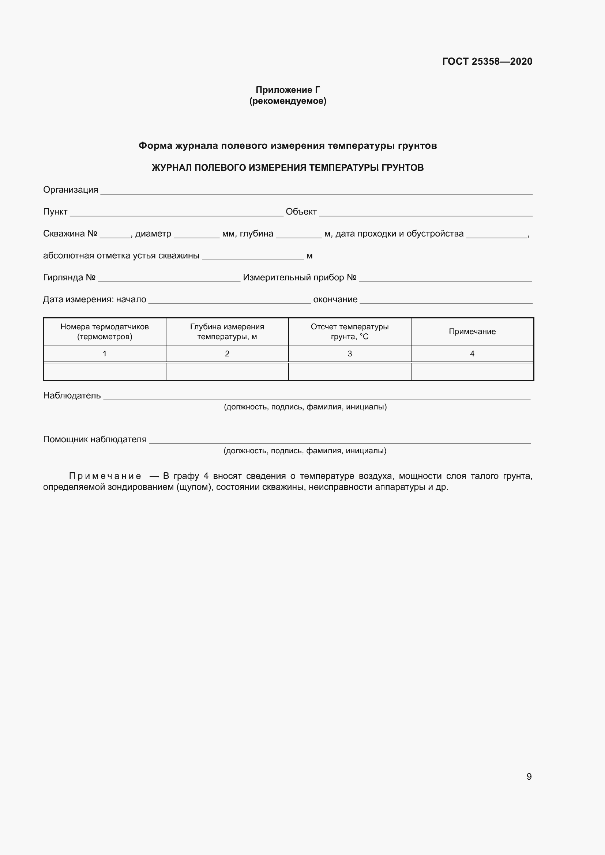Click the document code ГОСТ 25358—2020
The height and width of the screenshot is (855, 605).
487,61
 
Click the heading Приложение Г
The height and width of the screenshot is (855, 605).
288,90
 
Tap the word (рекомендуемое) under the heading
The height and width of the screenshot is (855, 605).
288,101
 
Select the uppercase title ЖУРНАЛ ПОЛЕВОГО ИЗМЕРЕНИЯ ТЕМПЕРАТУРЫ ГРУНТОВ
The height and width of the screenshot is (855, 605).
288,167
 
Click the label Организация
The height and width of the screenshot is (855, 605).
70,190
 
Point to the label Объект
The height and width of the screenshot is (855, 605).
301,212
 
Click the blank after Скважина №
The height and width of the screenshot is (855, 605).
115,235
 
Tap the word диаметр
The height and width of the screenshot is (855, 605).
153,234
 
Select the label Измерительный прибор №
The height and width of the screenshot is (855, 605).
300,277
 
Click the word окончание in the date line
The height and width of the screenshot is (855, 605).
335,299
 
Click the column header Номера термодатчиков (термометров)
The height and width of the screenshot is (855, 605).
105,332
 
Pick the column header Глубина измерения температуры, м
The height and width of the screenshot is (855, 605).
227,332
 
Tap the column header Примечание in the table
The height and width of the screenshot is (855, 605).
472,332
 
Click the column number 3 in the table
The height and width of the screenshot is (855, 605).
349,354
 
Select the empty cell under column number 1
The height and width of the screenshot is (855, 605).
105,372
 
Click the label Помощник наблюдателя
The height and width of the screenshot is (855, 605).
95,439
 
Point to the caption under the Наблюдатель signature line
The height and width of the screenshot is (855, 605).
305,407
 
